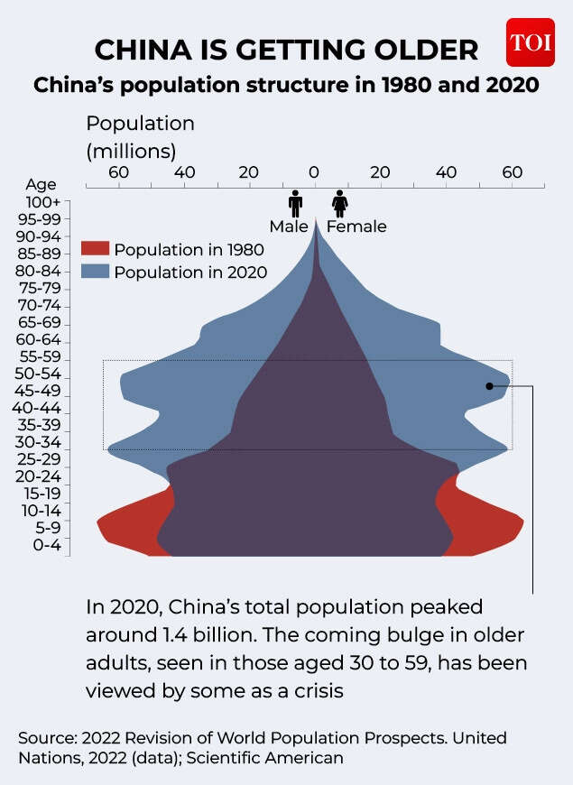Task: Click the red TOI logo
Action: coord(530,42)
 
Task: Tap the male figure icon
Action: coord(294,202)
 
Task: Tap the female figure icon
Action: coord(340,202)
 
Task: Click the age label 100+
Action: coord(43,202)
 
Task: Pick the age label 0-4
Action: coord(42,545)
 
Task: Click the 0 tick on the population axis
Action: coord(314,171)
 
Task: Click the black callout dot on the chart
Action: coord(490,386)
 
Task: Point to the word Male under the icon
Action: coord(289,226)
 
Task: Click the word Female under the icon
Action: coord(356,226)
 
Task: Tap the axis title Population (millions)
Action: coord(140,135)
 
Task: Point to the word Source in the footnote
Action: coord(46,738)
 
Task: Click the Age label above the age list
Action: coord(41,184)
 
